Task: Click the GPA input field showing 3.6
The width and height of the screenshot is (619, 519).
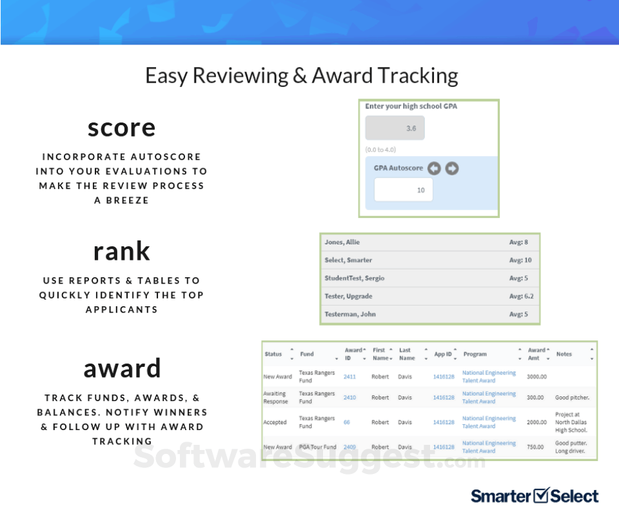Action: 395,128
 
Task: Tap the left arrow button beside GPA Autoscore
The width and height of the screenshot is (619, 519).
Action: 434,168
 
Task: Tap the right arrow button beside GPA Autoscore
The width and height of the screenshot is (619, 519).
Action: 452,168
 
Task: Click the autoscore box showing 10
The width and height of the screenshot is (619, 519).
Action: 404,190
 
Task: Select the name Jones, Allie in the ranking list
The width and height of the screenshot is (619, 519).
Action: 342,242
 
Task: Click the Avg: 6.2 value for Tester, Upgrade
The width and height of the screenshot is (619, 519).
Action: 521,297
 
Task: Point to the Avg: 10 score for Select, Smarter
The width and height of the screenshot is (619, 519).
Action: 520,260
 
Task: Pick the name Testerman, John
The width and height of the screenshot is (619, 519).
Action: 350,314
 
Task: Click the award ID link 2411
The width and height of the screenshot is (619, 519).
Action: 349,377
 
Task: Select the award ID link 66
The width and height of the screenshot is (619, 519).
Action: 347,422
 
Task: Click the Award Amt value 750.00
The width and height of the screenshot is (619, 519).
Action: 535,447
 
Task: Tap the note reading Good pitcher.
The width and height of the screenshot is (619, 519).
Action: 572,397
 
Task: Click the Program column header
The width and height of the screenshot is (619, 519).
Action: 475,355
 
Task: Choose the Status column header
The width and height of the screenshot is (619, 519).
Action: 273,354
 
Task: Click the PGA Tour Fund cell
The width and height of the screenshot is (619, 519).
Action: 317,447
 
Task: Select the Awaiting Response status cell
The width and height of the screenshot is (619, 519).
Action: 275,397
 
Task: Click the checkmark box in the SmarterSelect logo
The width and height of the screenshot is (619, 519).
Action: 541,495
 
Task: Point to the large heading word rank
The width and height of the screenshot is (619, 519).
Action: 122,251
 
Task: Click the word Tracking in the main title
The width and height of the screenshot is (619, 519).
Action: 418,76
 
